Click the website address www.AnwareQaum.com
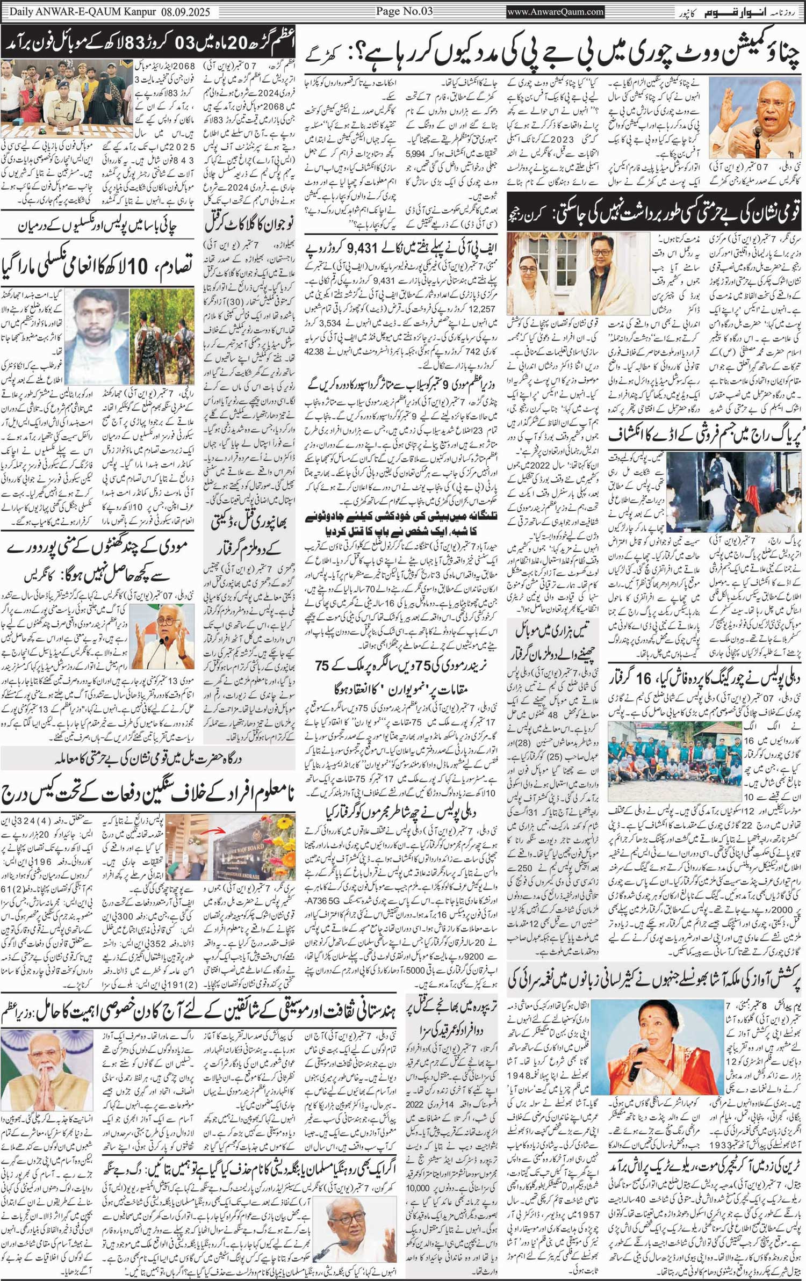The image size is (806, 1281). coord(555,11)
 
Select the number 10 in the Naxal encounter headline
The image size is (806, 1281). coord(139,266)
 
